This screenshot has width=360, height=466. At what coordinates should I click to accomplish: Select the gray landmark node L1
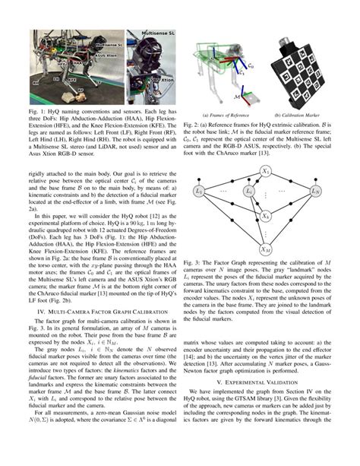199,190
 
